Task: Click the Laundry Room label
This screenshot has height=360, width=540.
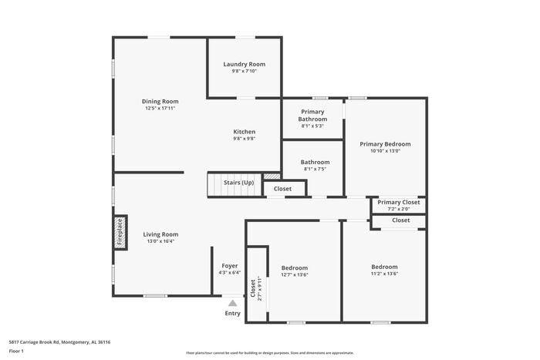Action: coord(245,64)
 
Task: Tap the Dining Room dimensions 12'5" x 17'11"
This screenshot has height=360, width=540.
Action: coord(160,109)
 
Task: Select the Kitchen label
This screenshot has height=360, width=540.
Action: coord(245,132)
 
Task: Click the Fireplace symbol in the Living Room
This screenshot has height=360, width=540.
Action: coord(120,231)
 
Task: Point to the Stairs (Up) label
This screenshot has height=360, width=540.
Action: coord(238,183)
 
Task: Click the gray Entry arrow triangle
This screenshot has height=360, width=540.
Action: coord(232,303)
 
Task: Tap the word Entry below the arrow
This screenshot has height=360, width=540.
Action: coord(232,313)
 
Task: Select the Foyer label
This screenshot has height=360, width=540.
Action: coord(230,266)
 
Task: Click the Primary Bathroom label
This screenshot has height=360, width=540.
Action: coord(313,116)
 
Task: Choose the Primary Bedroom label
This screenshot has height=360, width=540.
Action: coord(385,144)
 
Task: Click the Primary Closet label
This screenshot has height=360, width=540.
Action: coord(399,203)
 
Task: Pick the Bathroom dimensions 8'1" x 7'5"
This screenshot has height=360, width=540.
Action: coord(316,170)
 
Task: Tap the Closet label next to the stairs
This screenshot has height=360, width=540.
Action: coord(282,189)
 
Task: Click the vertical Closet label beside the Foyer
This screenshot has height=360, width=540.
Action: coord(253,288)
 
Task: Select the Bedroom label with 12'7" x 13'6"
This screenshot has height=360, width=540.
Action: coord(294,267)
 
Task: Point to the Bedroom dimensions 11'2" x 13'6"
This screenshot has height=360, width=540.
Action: coord(384,274)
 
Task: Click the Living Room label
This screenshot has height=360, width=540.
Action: coord(160,234)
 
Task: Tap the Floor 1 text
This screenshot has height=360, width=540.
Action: coord(16,352)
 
